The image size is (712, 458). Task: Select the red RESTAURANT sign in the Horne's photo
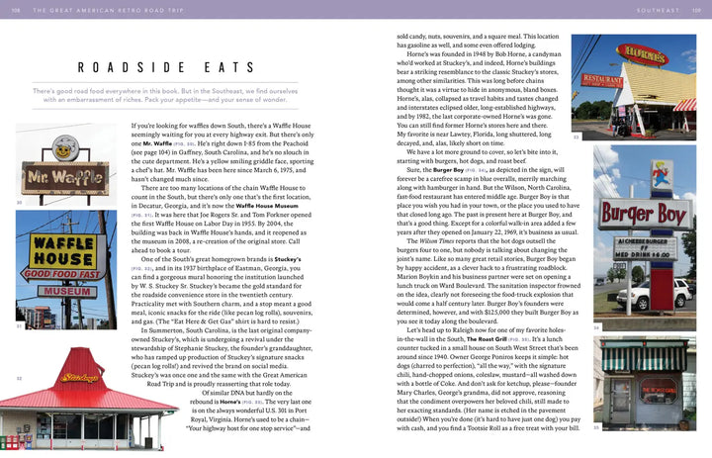click(x=606, y=78)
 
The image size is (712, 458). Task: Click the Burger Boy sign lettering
click(x=644, y=214)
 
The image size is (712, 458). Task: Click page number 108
click(x=15, y=10)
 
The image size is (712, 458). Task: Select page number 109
click(x=696, y=10)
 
